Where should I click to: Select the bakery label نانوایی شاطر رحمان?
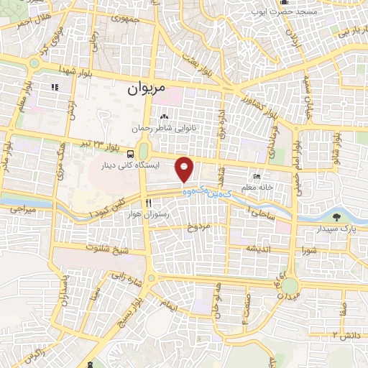coord(164,128)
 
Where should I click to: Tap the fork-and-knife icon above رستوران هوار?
coord(149,203)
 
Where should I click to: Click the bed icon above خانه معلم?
coord(257,177)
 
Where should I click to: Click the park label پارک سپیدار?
coord(336,229)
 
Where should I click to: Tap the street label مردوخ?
coord(197,228)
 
